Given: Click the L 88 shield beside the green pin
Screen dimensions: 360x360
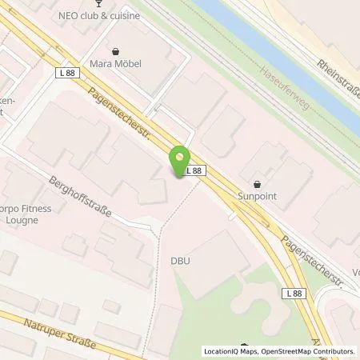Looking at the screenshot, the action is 196,170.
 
